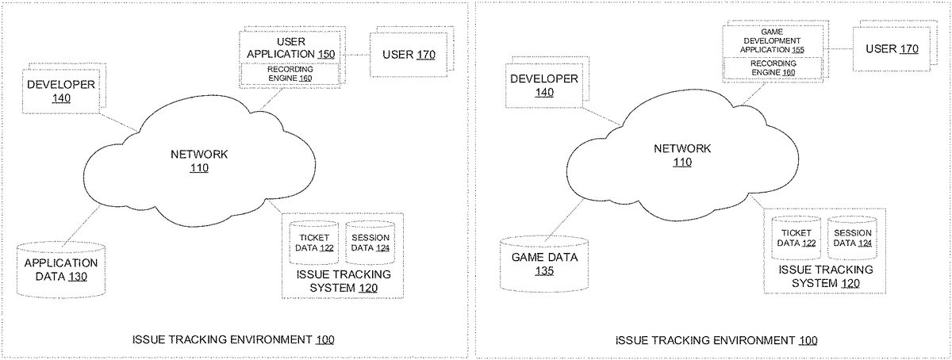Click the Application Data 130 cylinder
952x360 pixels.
(x=61, y=270)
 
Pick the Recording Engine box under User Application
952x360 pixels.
(x=290, y=74)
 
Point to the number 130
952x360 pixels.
(x=78, y=277)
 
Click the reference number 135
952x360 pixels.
(x=543, y=271)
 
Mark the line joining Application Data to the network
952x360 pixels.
(x=79, y=222)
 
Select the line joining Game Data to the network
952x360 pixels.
(x=566, y=215)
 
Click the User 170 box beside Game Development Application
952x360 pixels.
(x=892, y=49)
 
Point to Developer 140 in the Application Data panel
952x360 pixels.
(x=61, y=91)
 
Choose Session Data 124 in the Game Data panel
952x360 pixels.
(x=853, y=238)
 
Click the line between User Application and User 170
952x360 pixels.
(x=355, y=54)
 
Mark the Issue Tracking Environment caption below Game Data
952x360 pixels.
(x=716, y=340)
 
